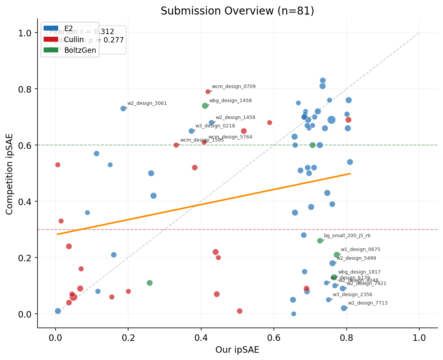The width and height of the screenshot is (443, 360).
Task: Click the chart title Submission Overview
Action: click(237, 11)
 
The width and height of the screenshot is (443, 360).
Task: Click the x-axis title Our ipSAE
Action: click(237, 350)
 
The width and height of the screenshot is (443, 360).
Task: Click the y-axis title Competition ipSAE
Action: click(10, 174)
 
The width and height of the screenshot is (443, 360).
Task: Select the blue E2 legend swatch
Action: click(51, 28)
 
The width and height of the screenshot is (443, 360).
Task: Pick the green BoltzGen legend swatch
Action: click(51, 50)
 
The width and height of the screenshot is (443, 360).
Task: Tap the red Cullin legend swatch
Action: click(51, 39)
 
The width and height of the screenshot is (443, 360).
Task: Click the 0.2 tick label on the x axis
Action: click(128, 338)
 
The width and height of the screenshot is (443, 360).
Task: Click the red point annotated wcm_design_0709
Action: click(208, 92)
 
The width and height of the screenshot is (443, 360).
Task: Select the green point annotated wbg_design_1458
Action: click(205, 106)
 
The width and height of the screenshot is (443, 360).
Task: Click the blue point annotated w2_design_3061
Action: click(123, 109)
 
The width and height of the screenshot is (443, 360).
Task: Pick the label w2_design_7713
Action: click(368, 303)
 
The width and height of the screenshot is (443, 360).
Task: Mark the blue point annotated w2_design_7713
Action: click(344, 308)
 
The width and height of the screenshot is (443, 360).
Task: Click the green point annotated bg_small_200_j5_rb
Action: click(320, 241)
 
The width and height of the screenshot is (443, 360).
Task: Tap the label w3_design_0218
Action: click(215, 126)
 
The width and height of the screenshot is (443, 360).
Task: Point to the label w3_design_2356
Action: click(352, 295)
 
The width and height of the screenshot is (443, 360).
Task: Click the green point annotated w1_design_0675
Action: click(337, 255)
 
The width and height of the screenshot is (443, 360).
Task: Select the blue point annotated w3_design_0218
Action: click(191, 131)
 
